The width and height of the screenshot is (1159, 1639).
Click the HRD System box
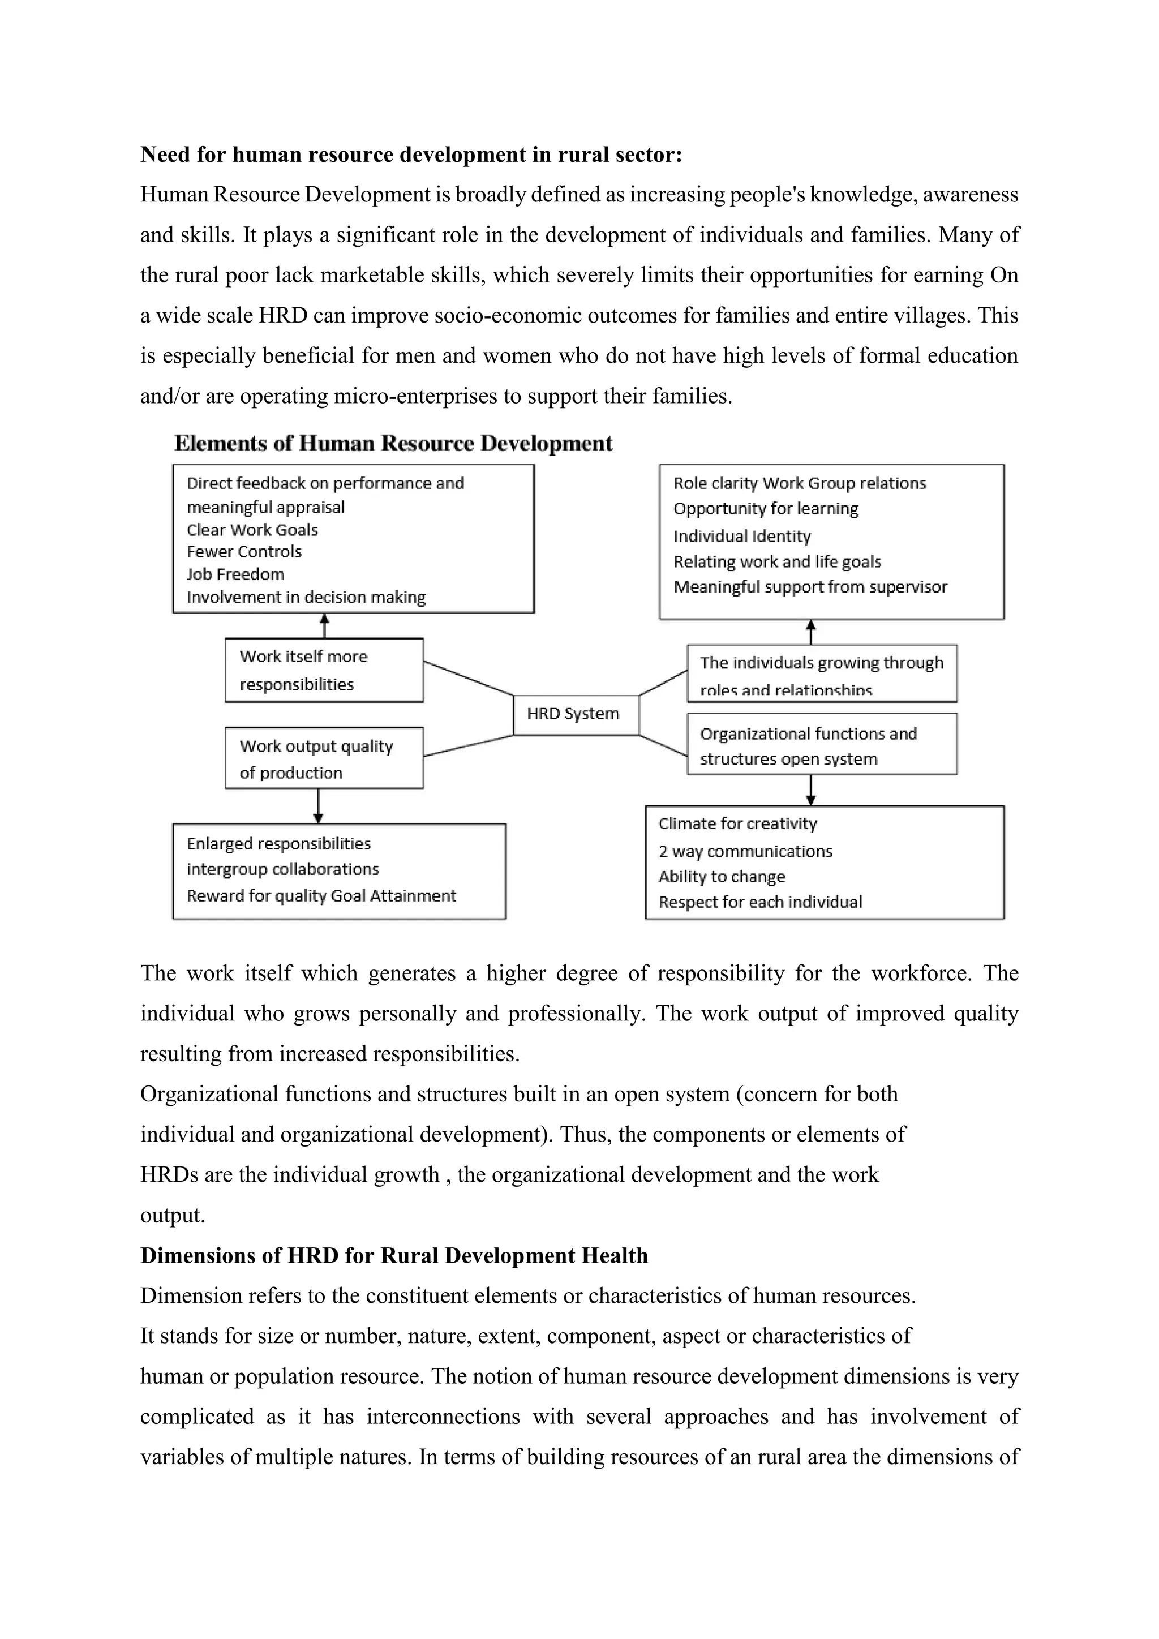(575, 715)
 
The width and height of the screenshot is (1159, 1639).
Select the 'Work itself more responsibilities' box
(324, 670)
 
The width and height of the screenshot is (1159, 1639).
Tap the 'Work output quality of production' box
(324, 758)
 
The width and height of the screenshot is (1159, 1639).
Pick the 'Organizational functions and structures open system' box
(822, 745)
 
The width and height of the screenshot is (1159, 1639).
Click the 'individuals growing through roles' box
(822, 673)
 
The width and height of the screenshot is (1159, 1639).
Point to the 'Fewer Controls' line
(244, 552)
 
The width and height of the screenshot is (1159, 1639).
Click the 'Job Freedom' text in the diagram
(235, 574)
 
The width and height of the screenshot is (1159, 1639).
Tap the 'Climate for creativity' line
(737, 824)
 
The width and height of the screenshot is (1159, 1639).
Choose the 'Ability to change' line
(722, 877)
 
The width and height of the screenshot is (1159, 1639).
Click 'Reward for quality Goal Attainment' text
(321, 896)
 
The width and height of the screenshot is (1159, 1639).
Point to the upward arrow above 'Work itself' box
(325, 626)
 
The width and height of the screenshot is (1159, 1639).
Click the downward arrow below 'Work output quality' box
(318, 806)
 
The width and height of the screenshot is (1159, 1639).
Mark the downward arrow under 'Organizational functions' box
(811, 790)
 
